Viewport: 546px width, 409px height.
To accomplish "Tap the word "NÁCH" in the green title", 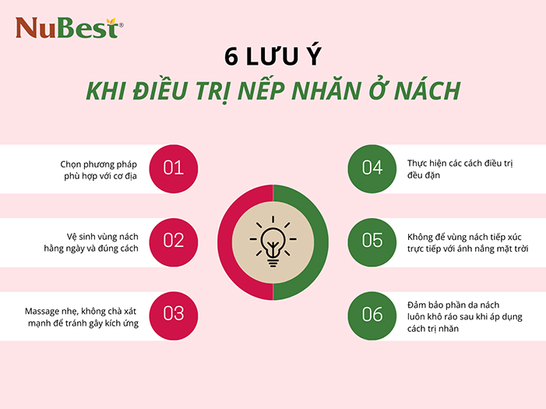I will tap(426, 91).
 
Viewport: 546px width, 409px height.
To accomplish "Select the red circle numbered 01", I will tap(174, 167).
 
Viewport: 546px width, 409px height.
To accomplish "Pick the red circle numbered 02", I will tap(174, 241).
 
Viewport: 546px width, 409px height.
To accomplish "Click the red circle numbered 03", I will tap(174, 314).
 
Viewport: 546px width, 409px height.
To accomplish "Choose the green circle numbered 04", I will tap(372, 167).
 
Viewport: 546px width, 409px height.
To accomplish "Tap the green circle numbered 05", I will tap(372, 241).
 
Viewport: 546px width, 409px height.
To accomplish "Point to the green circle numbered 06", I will tap(372, 314).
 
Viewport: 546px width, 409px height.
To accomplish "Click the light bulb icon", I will tap(273, 243).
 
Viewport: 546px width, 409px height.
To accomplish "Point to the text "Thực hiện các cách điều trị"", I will tap(457, 164).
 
